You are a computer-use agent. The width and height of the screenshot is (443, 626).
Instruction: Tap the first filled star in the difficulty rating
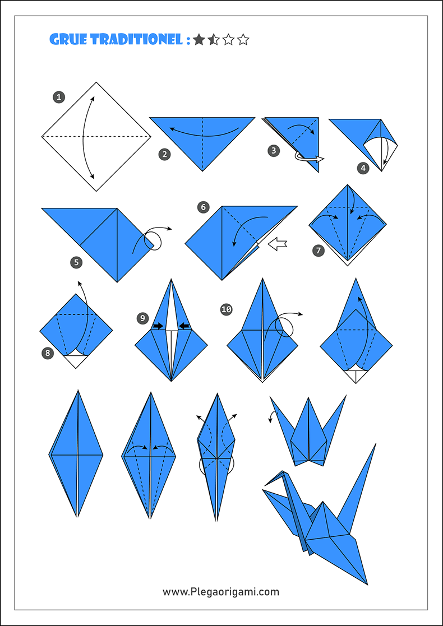(x=199, y=40)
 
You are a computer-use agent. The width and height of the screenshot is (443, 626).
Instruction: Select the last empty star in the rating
(x=243, y=40)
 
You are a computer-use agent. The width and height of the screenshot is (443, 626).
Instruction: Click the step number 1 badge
(x=58, y=98)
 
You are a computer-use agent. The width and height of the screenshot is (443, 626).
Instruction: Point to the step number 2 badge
(x=164, y=155)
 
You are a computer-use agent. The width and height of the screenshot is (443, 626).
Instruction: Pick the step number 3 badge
(x=273, y=150)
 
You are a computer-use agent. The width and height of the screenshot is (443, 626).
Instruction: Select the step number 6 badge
(x=203, y=207)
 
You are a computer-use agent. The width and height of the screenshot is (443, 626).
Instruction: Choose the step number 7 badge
(x=319, y=251)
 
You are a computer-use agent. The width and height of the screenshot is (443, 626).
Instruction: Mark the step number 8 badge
(x=48, y=353)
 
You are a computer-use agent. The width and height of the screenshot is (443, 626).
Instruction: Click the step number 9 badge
(x=142, y=318)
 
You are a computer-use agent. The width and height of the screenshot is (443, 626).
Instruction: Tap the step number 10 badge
(x=227, y=309)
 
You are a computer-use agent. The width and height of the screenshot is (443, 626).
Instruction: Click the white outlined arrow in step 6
(x=278, y=244)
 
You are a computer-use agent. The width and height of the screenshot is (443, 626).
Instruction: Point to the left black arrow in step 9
(x=158, y=326)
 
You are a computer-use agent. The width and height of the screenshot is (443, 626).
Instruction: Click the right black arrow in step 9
(x=184, y=326)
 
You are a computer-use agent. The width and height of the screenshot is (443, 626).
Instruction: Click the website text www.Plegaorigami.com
(x=221, y=591)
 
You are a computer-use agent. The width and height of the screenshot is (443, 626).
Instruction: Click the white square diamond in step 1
(x=96, y=136)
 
